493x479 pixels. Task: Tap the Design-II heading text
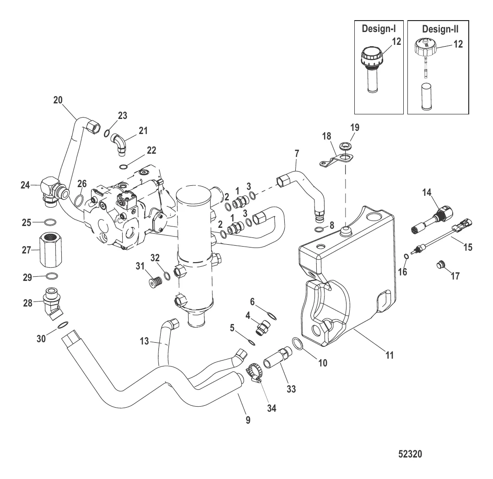coord(440,29)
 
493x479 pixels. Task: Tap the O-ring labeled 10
coord(297,343)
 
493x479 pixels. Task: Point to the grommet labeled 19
coord(342,148)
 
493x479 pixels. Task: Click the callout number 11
coord(390,354)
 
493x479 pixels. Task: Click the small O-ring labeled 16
coord(406,256)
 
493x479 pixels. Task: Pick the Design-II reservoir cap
coord(425,47)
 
